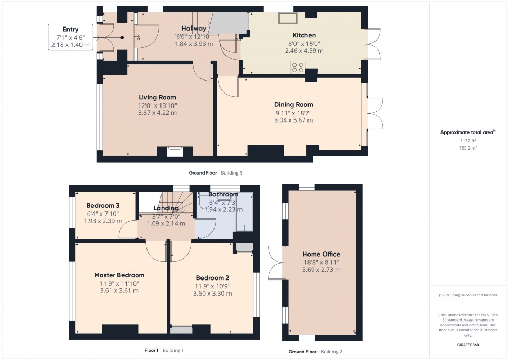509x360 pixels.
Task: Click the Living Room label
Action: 157,97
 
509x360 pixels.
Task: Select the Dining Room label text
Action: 293,104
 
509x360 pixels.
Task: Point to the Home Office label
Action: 322,254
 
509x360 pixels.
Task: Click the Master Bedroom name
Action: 119,275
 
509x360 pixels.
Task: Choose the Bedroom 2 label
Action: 213,277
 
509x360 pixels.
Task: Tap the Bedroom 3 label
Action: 103,205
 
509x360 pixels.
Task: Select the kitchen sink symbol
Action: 287,18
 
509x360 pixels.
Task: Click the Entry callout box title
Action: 71,30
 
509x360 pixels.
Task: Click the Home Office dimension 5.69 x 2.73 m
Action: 322,270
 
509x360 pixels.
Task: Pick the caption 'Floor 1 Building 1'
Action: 164,350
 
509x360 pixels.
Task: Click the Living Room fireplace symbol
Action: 175,152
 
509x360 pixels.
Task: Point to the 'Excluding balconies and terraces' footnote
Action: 468,295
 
